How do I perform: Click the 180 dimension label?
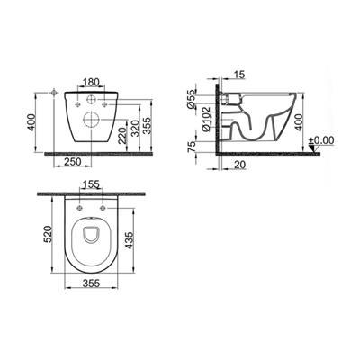click(91, 82)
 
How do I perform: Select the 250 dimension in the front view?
click(73, 162)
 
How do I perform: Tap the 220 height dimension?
click(122, 135)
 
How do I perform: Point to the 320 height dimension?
click(135, 128)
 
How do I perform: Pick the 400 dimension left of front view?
click(31, 122)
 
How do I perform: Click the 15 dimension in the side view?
click(238, 74)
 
